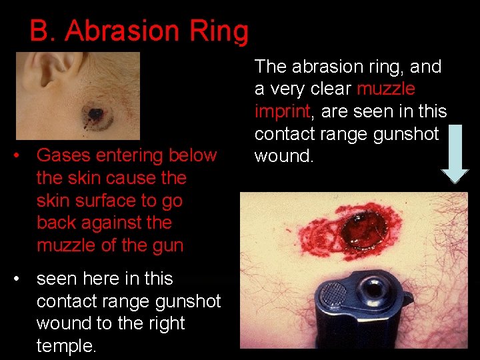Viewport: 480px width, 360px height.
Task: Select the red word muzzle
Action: [386, 89]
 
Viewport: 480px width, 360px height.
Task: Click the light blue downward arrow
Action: [455, 153]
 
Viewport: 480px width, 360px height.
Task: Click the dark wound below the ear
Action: [95, 115]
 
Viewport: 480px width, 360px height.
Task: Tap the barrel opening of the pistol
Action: [367, 291]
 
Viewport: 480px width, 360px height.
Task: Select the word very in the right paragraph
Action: [281, 89]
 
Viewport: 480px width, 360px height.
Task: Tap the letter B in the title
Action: [41, 31]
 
